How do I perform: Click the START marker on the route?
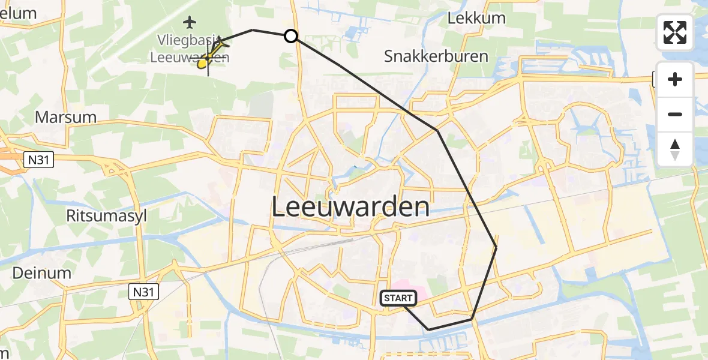[398, 298]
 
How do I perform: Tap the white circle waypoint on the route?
[290, 36]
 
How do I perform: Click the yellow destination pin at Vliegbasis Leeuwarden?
[203, 62]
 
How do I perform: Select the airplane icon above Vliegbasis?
[190, 23]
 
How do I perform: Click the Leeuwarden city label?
[351, 208]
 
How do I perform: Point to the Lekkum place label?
[477, 18]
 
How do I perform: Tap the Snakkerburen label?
[436, 57]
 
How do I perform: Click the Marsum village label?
[66, 117]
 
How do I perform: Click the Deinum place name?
[42, 272]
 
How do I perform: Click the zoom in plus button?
[675, 79]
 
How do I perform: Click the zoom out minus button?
[675, 114]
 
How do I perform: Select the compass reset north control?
[675, 149]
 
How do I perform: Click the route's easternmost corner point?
[496, 247]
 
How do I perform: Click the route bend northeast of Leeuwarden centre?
[437, 130]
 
